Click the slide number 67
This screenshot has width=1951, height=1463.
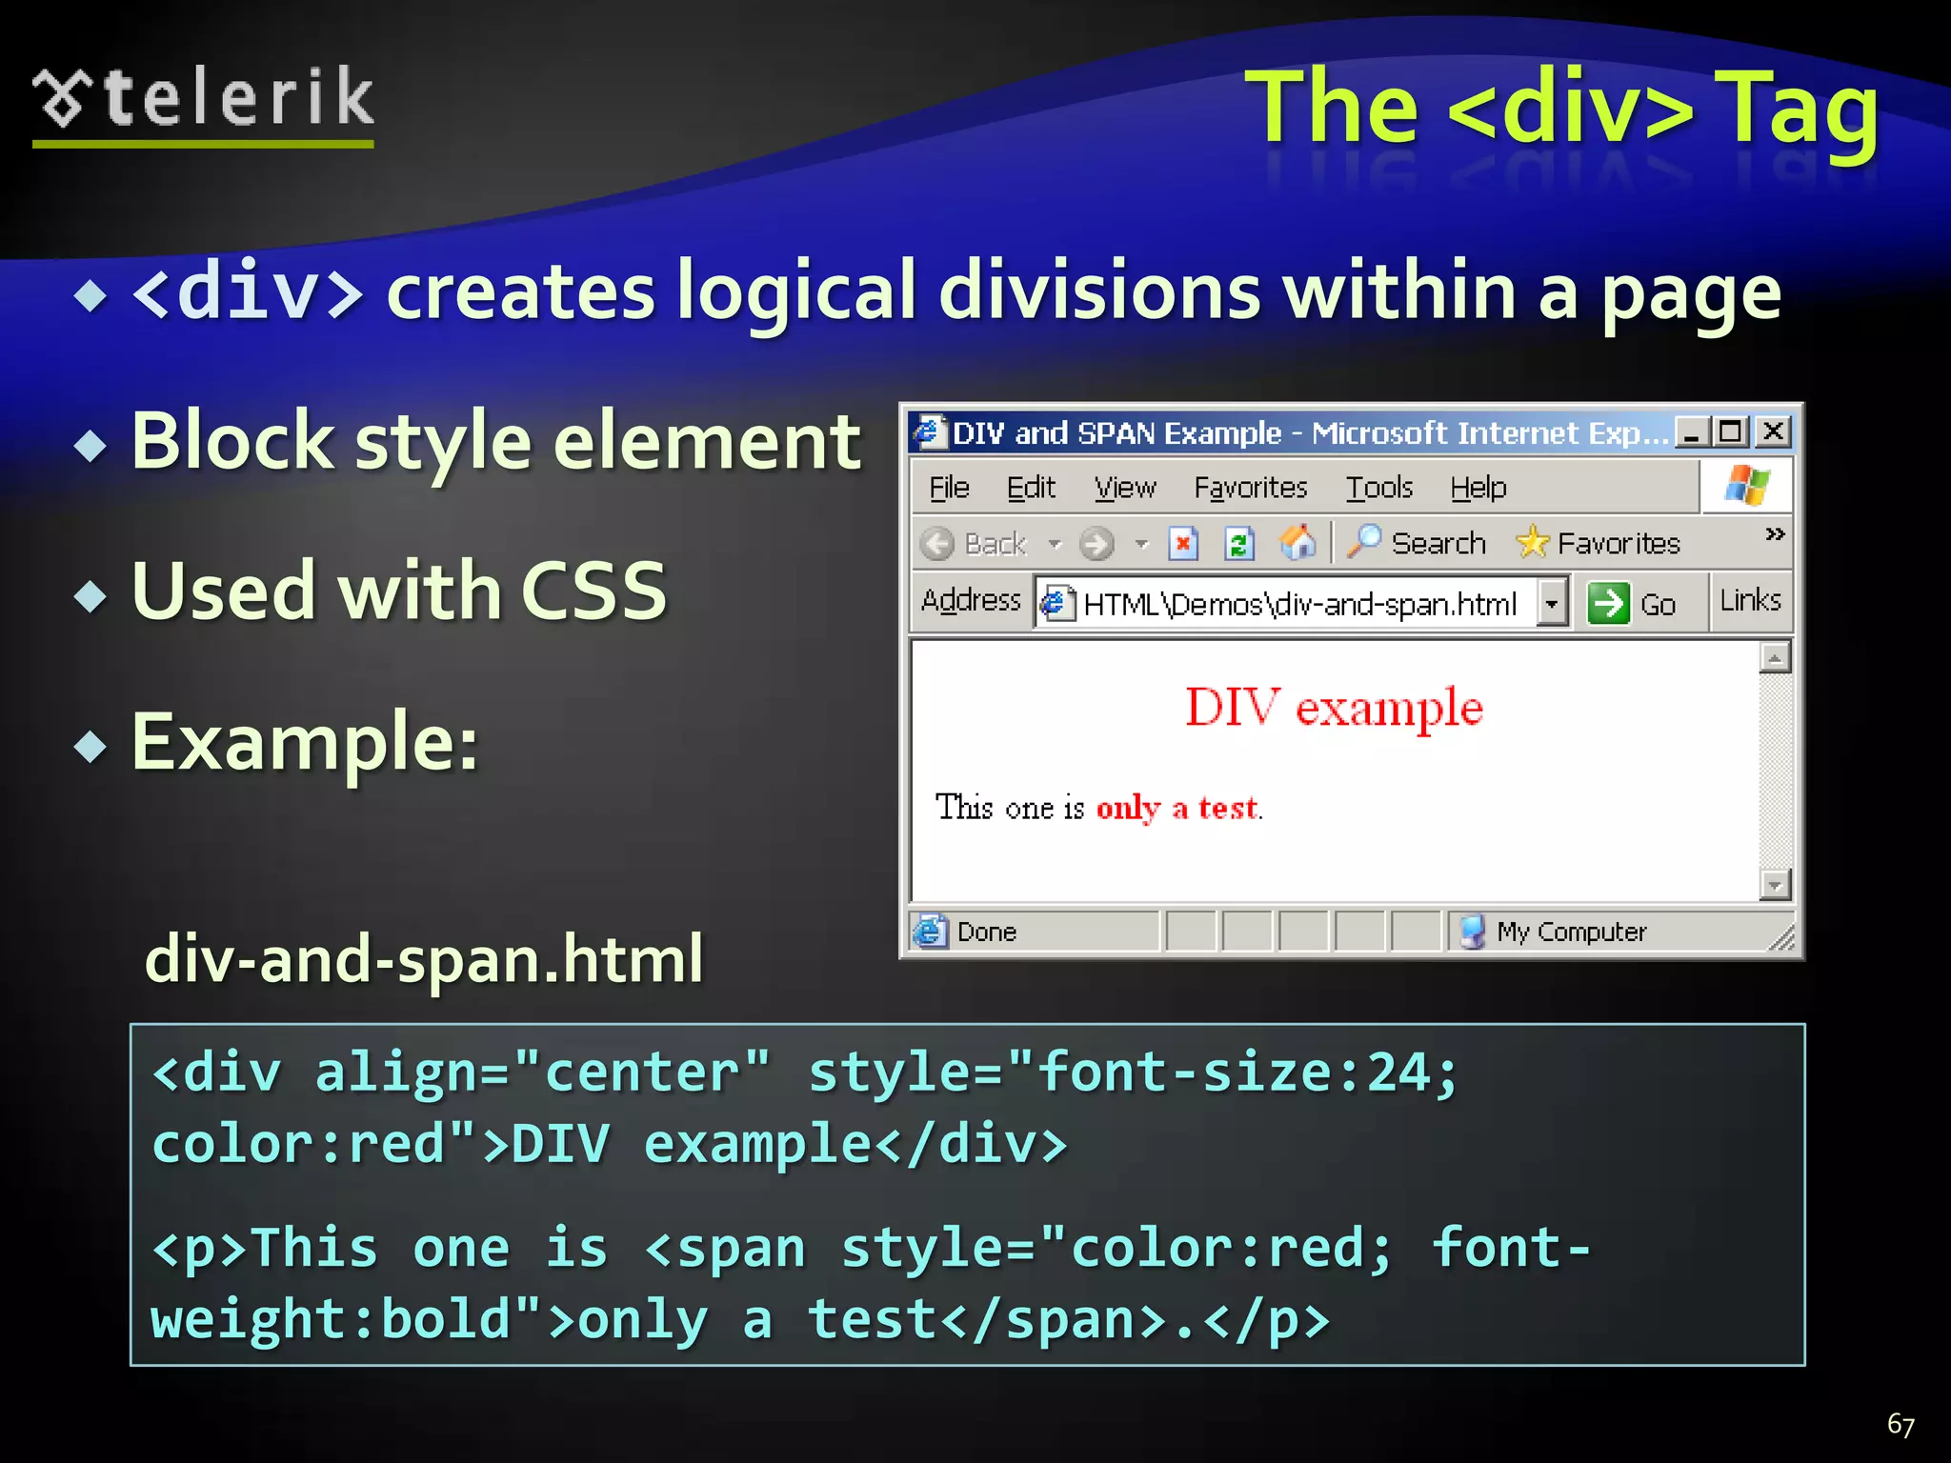click(x=1901, y=1424)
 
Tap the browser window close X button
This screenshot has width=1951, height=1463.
click(x=1773, y=432)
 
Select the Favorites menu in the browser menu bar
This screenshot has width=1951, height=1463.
click(x=1250, y=488)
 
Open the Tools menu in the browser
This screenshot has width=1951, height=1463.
click(x=1378, y=488)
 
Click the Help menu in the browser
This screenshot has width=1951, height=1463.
click(x=1478, y=488)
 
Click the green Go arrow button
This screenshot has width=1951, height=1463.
click(x=1608, y=603)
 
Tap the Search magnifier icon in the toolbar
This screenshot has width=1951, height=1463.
click(x=1364, y=541)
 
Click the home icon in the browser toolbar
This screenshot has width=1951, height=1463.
click(x=1297, y=542)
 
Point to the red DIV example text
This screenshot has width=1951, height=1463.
click(x=1334, y=708)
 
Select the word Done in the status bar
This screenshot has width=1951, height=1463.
click(x=986, y=932)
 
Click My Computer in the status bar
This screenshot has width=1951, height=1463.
click(x=1570, y=932)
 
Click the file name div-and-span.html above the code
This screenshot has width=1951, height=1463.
click(x=424, y=958)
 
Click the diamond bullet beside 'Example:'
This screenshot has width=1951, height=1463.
click(x=91, y=746)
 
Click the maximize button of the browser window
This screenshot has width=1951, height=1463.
click(x=1730, y=432)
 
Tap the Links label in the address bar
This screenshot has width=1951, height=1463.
click(x=1750, y=600)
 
